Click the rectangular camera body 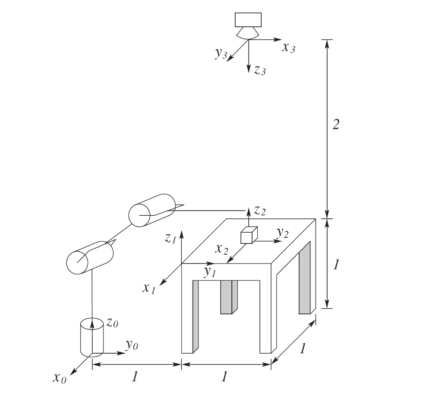(x=248, y=19)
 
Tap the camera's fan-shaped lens (x=248, y=33)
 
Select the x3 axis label (x=289, y=48)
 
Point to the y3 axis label (x=221, y=54)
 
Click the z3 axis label (x=259, y=70)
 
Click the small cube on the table (x=249, y=236)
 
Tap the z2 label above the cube (x=260, y=211)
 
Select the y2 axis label (x=282, y=233)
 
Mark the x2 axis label (x=221, y=249)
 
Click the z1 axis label (x=170, y=238)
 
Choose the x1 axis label (x=148, y=288)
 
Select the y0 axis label (x=132, y=345)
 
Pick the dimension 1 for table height (x=336, y=265)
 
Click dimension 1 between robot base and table (x=135, y=377)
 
